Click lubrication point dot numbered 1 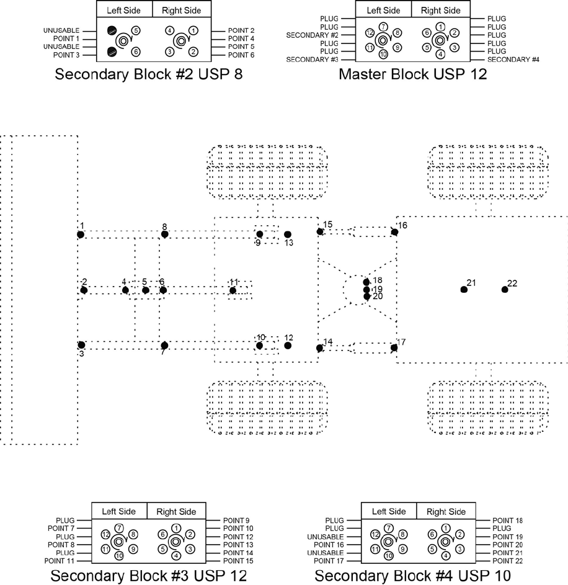point(81,234)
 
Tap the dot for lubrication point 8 point(164,234)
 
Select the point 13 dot point(287,234)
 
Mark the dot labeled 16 point(394,232)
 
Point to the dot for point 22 point(505,290)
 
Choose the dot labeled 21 point(463,290)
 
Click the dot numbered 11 point(233,290)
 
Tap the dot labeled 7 point(164,345)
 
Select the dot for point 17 point(394,347)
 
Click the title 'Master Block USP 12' point(412,75)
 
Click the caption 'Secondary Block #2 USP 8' point(148,75)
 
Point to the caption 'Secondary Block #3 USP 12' point(148,576)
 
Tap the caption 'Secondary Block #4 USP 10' point(412,576)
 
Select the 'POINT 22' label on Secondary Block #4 point(508,561)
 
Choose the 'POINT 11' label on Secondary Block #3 point(60,561)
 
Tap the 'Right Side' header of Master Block point(440,10)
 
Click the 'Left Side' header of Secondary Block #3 point(119,511)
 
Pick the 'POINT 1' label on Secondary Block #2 point(67,38)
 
